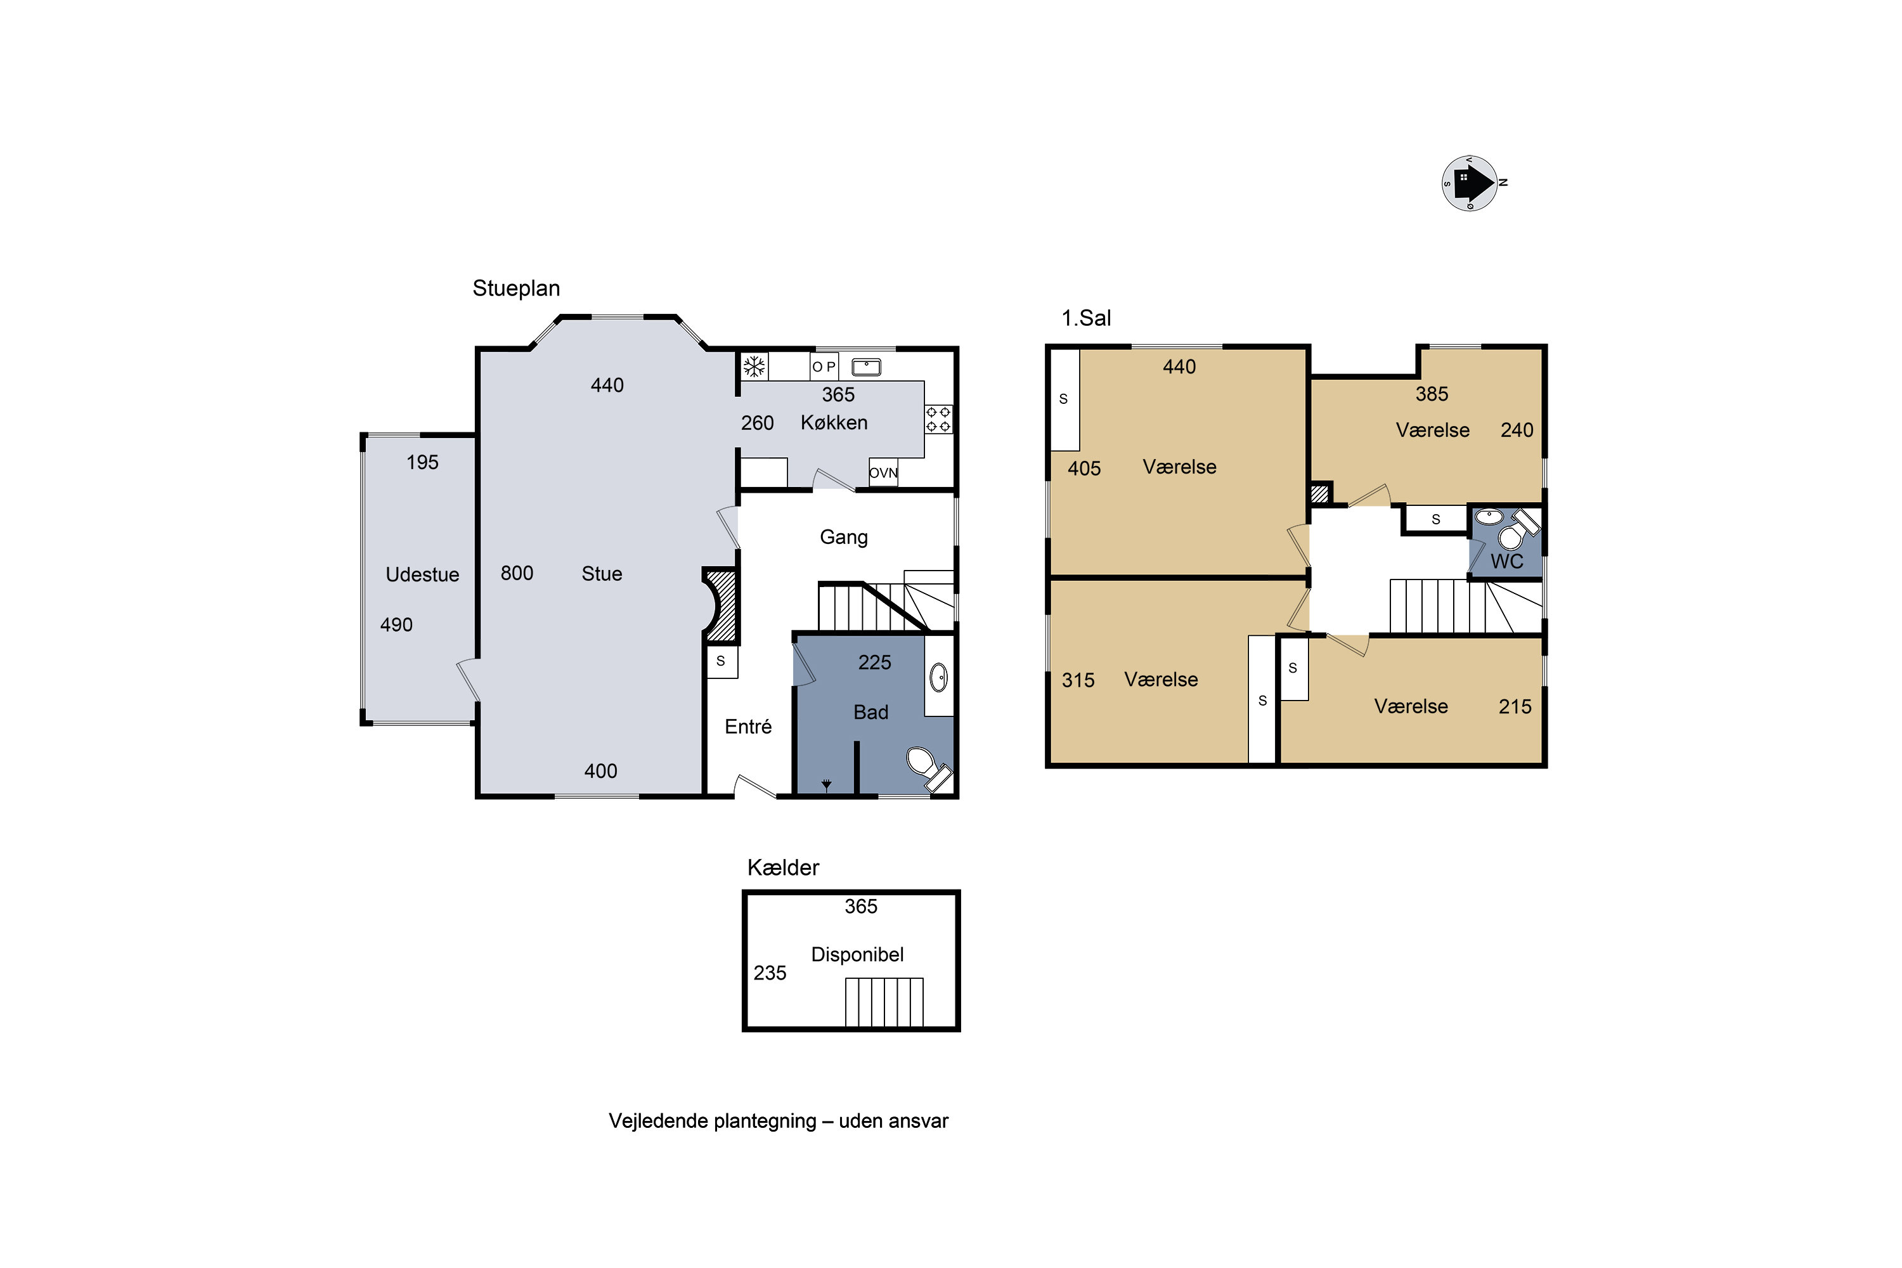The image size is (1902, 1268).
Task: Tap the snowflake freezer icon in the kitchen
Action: pos(754,367)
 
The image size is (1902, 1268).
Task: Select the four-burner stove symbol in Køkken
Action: pos(938,419)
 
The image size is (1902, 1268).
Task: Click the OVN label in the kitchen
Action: pos(883,473)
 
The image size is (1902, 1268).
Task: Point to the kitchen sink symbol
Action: pos(866,367)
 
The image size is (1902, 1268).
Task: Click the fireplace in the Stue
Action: pos(720,605)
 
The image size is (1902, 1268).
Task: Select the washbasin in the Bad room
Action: pos(938,678)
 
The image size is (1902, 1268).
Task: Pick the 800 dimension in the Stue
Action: pos(517,573)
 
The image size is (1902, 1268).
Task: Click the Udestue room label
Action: pos(422,575)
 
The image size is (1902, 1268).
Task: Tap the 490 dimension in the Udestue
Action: pos(396,625)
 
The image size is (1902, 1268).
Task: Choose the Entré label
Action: pos(748,727)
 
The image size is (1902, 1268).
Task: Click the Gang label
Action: pos(843,538)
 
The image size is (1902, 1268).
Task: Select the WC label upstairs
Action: pos(1506,562)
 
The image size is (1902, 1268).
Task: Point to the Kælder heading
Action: pos(783,868)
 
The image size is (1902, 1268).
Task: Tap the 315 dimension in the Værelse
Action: pos(1078,680)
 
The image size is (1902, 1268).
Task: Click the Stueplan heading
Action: pos(516,288)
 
